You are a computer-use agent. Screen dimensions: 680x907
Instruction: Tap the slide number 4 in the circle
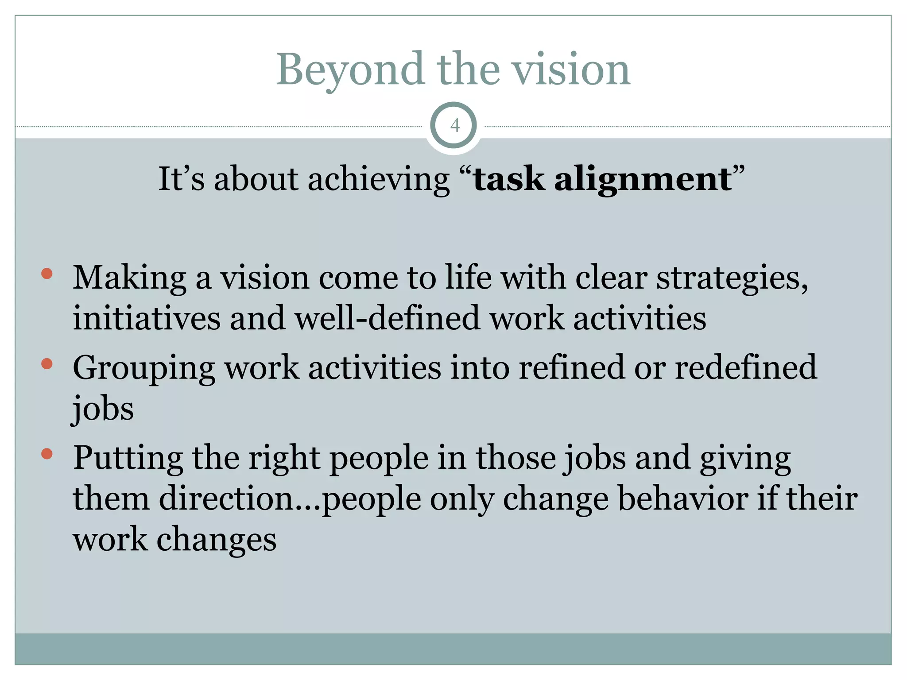pyautogui.click(x=454, y=126)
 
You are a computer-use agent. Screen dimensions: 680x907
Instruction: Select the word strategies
pyautogui.click(x=732, y=278)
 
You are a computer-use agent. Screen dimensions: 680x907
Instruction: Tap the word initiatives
pyautogui.click(x=146, y=318)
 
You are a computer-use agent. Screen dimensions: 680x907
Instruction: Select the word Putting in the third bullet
pyautogui.click(x=128, y=458)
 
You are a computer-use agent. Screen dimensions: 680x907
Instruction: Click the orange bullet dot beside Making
pyautogui.click(x=47, y=274)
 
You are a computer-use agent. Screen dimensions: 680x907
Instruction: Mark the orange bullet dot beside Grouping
pyautogui.click(x=47, y=364)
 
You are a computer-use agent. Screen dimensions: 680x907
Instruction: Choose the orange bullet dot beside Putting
pyautogui.click(x=47, y=454)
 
